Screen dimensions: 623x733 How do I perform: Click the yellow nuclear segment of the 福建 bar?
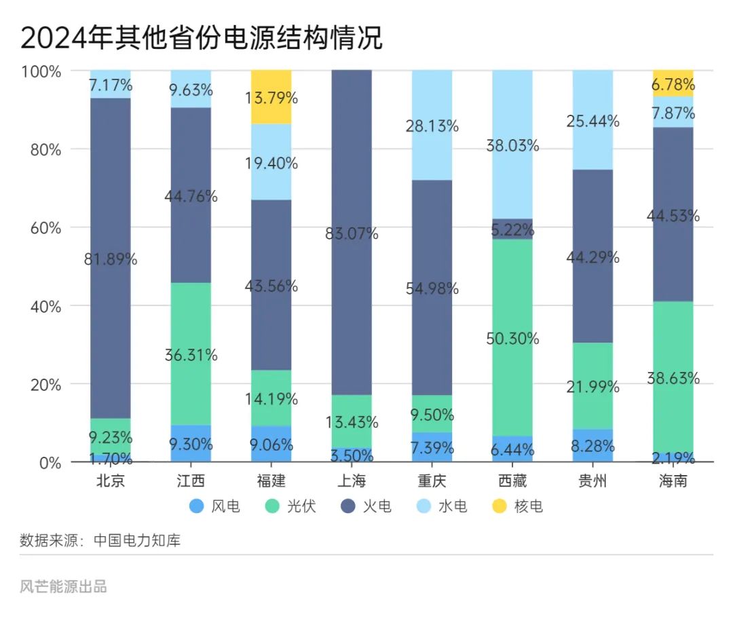[x=271, y=97]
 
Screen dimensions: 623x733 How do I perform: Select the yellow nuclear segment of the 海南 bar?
[x=673, y=83]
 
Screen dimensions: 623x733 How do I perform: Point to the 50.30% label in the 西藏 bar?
[x=512, y=339]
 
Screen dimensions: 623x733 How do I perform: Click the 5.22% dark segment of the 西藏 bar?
[x=512, y=229]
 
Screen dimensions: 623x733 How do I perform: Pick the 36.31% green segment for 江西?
[x=191, y=354]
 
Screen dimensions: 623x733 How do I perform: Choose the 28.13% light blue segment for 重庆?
[x=432, y=126]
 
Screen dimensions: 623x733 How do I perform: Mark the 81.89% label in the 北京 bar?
[x=111, y=259]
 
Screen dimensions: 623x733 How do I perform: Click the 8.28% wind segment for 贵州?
[x=593, y=446]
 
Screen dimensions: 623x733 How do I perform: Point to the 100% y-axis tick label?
[x=42, y=71]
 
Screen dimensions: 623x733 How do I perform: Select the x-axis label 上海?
[x=352, y=481]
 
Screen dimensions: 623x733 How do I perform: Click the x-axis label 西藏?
[x=512, y=481]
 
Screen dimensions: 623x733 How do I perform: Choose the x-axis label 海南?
[x=673, y=481]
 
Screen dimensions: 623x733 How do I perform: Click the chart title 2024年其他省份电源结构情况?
[x=201, y=38]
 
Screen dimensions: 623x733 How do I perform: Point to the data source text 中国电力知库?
[x=137, y=541]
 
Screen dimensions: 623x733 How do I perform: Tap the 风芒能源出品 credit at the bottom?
[x=63, y=586]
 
